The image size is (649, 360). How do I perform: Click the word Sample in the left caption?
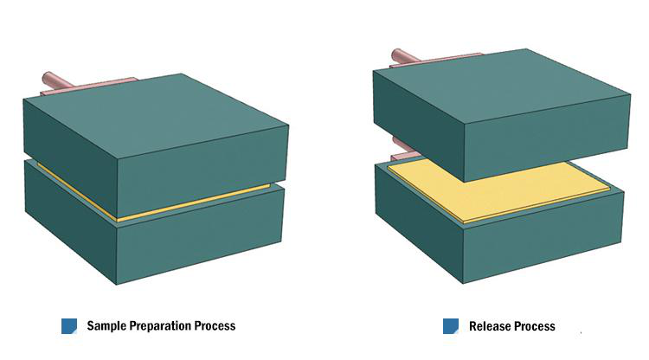pos(107,326)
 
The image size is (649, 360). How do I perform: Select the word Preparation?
pos(162,326)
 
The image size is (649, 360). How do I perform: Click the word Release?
pos(488,326)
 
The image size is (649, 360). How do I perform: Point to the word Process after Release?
pos(534,326)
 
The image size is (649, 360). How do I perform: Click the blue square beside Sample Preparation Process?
pos(69,326)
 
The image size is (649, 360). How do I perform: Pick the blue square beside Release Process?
pos(451,326)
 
